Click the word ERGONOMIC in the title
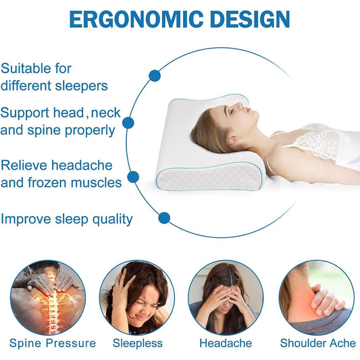(x=136, y=20)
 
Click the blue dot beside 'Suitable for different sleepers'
(x=155, y=76)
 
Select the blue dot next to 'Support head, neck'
(x=128, y=123)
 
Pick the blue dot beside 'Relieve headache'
(x=133, y=177)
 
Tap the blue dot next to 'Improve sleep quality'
(x=164, y=218)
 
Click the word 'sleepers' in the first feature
(x=81, y=86)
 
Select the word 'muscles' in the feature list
(x=96, y=183)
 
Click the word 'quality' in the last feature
(x=113, y=220)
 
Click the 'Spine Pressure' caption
(x=53, y=344)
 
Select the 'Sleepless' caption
(x=138, y=344)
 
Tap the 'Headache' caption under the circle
(x=226, y=344)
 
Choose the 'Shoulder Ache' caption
(x=318, y=344)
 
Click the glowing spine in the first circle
(x=53, y=303)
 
